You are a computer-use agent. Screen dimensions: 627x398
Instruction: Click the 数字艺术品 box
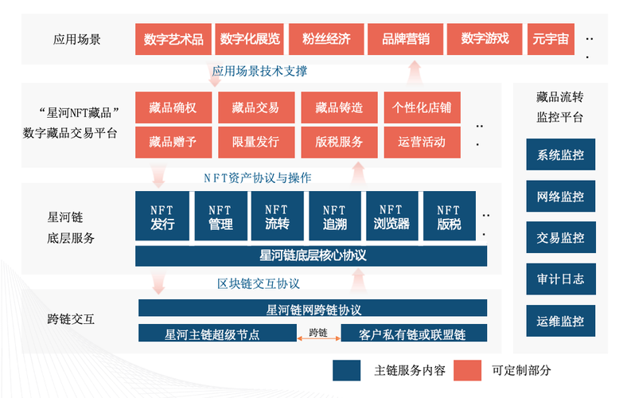(173, 39)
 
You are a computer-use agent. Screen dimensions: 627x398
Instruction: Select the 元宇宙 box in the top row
(551, 39)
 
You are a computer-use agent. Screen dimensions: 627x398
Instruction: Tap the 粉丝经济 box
(326, 39)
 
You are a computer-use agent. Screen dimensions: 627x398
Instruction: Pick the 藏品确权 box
(173, 107)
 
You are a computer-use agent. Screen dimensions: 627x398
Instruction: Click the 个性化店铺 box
(422, 107)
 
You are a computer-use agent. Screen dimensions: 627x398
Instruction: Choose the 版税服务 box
(339, 142)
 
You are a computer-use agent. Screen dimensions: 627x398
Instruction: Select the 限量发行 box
(256, 142)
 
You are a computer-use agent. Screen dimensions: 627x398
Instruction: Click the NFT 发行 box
(162, 216)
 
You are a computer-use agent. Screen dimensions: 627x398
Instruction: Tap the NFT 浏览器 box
(391, 216)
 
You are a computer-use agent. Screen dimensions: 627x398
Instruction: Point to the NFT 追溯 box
(335, 216)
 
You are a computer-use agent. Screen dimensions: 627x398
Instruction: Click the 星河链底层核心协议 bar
(311, 256)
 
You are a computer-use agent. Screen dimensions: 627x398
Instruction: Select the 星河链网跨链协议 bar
(313, 308)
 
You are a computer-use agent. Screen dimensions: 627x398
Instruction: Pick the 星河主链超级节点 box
(217, 333)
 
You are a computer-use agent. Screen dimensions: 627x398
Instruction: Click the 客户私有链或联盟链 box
(414, 333)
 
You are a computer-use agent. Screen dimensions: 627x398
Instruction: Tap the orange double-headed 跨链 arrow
(319, 338)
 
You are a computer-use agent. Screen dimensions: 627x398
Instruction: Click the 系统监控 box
(561, 154)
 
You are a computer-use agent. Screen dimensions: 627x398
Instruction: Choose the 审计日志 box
(561, 279)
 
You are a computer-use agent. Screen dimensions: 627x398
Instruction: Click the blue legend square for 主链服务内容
(346, 370)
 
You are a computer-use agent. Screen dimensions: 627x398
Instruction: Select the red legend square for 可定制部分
(467, 370)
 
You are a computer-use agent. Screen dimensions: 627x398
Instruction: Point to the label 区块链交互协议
(259, 283)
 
